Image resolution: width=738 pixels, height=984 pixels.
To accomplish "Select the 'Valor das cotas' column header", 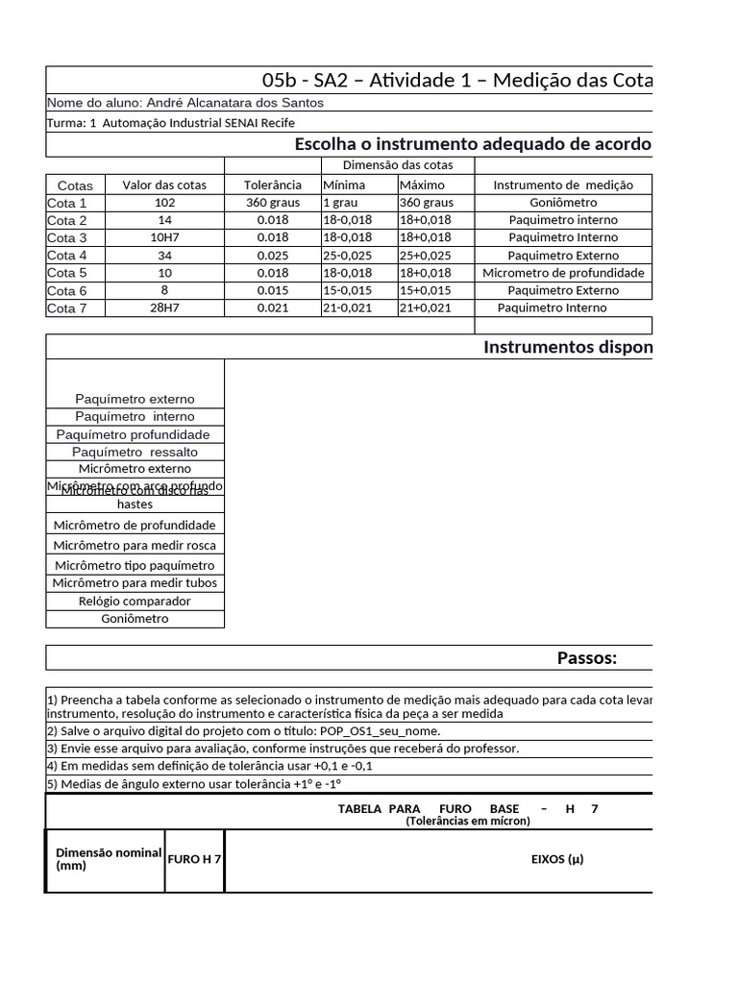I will pos(164,185).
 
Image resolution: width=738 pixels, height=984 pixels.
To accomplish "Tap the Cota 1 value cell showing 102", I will pos(164,203).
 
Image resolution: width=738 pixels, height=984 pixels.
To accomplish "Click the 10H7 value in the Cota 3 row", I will pos(164,237).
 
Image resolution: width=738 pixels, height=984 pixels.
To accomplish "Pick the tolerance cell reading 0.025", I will pos(272,256).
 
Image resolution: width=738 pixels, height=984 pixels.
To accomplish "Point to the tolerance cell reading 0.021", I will pos(272,307).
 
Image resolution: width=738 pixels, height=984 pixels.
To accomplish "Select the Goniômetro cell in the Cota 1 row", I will pos(563,203).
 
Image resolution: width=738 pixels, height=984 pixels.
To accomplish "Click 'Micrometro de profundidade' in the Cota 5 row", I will pos(563,273).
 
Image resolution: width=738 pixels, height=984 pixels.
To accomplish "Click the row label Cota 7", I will pos(67,307).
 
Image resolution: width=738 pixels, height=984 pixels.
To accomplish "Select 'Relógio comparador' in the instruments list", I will pos(135,602).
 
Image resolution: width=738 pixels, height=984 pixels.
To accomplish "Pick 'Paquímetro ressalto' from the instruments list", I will pos(135,452).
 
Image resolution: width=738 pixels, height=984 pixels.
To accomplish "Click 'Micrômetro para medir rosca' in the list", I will pos(135,546).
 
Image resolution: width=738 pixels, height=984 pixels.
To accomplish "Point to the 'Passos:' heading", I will pos(587,658).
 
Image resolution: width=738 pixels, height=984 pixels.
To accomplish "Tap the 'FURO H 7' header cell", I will pos(195,859).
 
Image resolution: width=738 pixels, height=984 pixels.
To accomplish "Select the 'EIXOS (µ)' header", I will pos(557,859).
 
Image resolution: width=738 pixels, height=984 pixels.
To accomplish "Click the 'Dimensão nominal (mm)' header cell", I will pos(106,859).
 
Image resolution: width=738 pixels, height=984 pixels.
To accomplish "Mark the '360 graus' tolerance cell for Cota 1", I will pos(272,203).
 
